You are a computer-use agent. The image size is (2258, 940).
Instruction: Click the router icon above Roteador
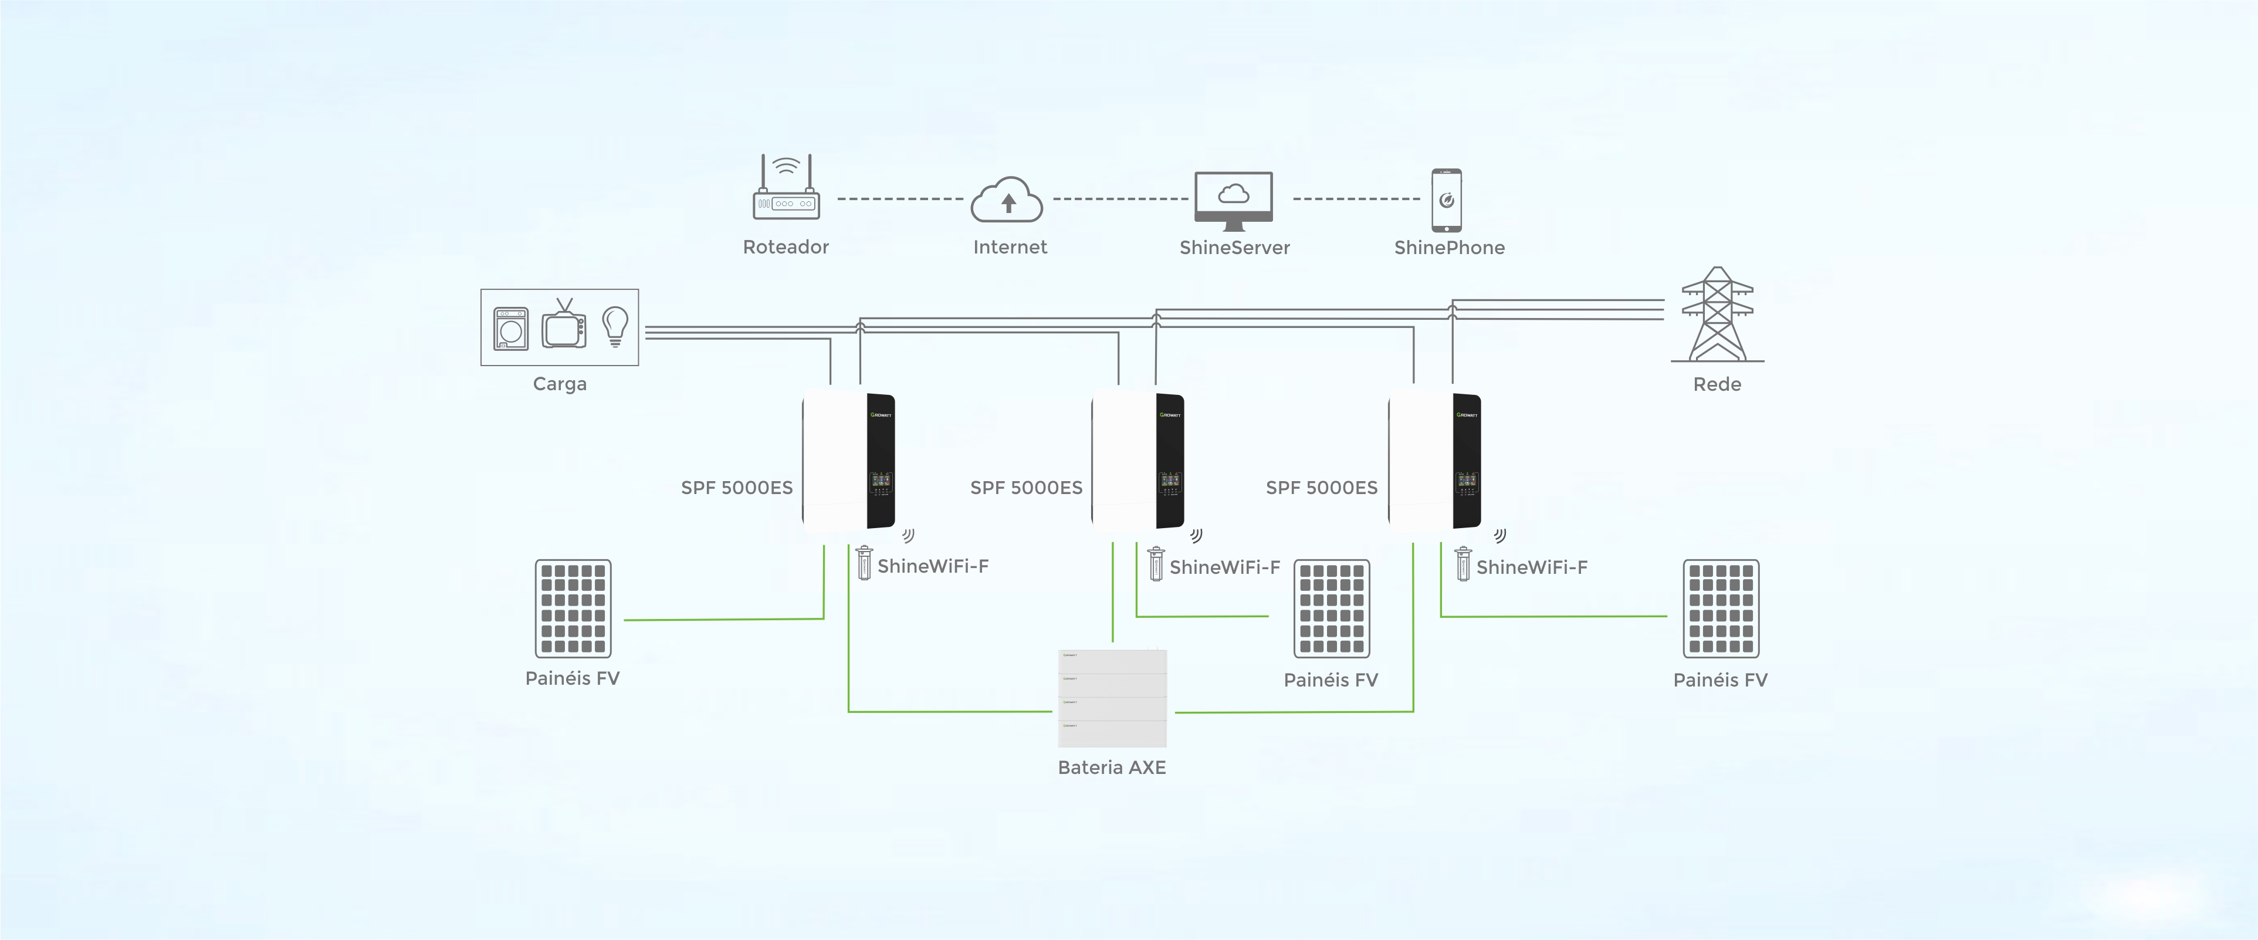(786, 188)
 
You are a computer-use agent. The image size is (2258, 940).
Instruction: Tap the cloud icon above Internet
(1007, 201)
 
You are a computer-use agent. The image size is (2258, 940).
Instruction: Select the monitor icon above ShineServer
(1233, 200)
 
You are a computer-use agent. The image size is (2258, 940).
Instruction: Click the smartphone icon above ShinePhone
(1446, 200)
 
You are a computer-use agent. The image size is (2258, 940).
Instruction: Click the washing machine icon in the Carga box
(511, 329)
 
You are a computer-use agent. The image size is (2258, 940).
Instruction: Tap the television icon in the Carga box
(564, 325)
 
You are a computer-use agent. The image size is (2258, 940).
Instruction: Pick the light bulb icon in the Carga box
(615, 325)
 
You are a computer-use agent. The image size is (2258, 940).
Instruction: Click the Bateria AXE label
(1112, 768)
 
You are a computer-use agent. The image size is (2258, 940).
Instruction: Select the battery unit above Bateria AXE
(1112, 698)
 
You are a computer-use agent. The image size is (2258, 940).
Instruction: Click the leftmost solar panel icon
(573, 608)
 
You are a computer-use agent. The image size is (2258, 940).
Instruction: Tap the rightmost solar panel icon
(1721, 608)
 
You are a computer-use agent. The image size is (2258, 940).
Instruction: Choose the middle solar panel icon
(1332, 608)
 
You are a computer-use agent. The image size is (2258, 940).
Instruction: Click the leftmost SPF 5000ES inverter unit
(848, 461)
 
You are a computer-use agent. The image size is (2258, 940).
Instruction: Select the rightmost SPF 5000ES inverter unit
(1435, 461)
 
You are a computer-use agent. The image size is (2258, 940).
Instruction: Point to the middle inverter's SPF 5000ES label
(1027, 488)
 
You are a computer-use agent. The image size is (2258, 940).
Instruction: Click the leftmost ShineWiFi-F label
(933, 566)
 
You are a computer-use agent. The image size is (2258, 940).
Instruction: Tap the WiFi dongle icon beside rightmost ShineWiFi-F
(1462, 564)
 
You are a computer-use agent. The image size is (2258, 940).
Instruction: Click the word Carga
(559, 384)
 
